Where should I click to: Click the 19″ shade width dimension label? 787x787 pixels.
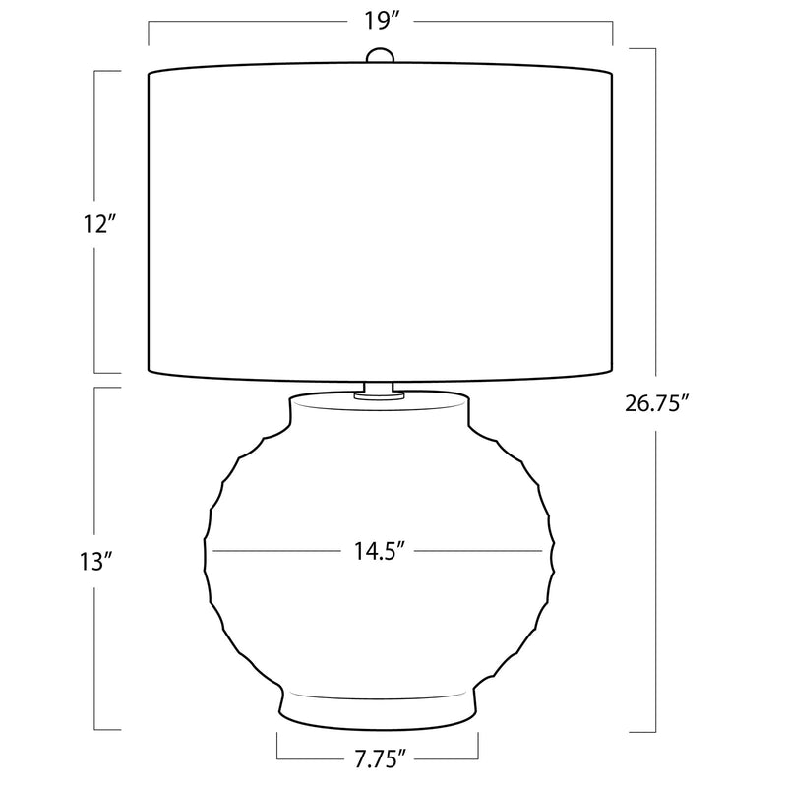[x=382, y=22]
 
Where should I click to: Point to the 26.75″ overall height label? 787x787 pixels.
[x=656, y=404]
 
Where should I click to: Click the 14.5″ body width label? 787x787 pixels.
[x=380, y=551]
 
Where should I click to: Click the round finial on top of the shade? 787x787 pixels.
[x=380, y=55]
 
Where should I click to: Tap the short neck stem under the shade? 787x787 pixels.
[x=379, y=388]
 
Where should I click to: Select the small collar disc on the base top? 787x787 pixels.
[x=379, y=396]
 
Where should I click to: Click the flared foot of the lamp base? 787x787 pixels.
[x=378, y=708]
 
